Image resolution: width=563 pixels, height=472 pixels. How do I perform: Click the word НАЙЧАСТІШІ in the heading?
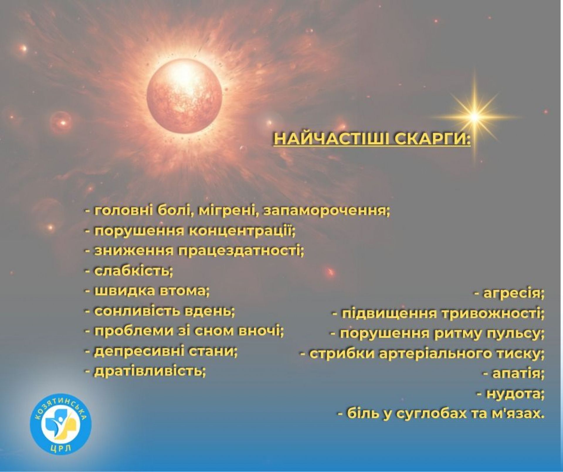[x=331, y=139]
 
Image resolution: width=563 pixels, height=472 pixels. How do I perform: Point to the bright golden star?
[x=474, y=117]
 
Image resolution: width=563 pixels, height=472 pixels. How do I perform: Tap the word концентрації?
[x=241, y=231]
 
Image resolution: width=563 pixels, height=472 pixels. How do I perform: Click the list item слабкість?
[x=129, y=271]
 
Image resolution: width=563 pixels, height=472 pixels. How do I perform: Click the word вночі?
[x=262, y=331]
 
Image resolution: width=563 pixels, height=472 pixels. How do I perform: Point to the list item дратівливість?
[x=145, y=371]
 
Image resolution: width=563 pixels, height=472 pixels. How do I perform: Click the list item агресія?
[x=509, y=293]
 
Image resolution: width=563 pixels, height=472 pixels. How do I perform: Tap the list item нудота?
[x=510, y=394]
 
